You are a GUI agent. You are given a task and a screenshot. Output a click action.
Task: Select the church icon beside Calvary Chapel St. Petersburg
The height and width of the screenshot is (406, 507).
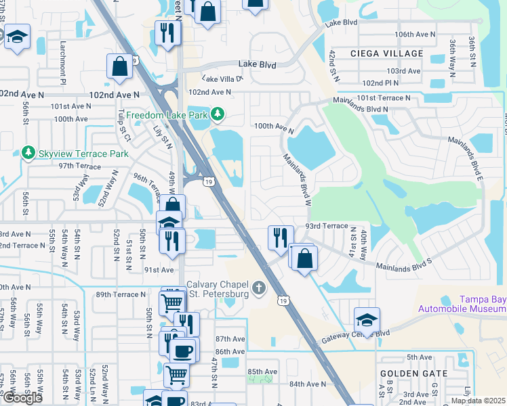[258, 290]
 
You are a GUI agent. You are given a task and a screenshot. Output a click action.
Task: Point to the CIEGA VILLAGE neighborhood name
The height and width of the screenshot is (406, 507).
[386, 53]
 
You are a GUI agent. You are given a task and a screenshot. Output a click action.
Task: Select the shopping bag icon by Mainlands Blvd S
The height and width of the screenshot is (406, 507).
[306, 258]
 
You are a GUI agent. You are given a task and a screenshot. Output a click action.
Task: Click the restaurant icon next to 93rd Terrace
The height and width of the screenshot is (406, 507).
[281, 238]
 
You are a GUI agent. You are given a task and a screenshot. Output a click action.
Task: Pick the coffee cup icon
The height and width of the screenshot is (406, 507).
[182, 350]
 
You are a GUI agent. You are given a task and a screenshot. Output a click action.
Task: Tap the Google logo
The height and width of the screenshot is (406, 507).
[22, 398]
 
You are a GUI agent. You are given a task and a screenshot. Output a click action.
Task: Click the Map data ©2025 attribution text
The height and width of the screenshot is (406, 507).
[479, 401]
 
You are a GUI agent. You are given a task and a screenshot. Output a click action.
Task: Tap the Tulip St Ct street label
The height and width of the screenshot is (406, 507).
[123, 126]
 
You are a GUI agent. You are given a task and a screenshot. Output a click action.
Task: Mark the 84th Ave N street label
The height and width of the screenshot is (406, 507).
[307, 384]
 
